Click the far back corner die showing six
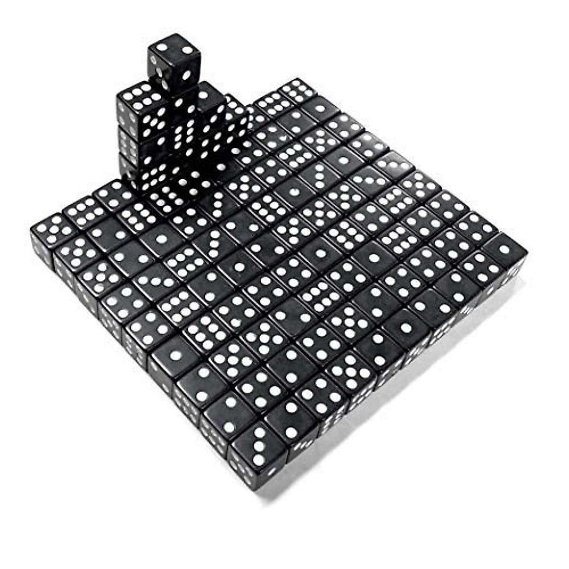pos(297,90)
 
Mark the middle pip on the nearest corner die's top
pos(258,446)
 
